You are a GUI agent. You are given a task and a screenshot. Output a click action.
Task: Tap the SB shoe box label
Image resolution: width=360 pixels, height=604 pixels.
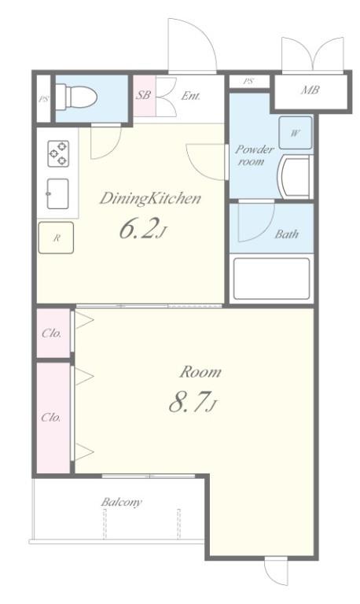[143, 94]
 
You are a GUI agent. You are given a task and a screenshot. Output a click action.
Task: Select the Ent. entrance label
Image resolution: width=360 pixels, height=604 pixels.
[190, 95]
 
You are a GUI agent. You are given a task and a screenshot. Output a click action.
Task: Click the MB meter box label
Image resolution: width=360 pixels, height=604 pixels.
[310, 90]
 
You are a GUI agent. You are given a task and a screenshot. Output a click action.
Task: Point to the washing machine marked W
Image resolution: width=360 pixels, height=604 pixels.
[296, 133]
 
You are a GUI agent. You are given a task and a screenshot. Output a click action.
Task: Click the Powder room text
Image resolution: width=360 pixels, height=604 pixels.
[254, 155]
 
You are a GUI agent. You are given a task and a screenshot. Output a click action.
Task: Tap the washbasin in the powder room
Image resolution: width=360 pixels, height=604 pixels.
[295, 177]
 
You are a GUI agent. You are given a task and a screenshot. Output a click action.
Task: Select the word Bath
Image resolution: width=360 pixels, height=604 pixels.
[286, 234]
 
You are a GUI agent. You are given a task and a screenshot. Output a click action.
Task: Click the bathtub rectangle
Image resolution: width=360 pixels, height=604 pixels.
[271, 278]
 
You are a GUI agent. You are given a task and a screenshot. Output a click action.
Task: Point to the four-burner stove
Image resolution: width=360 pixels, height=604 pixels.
[58, 153]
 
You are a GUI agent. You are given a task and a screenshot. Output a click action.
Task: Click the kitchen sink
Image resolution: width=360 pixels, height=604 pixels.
[57, 193]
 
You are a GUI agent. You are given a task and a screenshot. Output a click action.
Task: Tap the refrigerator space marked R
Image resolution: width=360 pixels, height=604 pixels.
[57, 238]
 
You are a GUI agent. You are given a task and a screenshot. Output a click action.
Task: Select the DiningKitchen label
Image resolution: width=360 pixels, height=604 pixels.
[150, 198]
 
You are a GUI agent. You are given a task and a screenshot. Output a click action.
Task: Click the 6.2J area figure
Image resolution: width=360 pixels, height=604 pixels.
[143, 230]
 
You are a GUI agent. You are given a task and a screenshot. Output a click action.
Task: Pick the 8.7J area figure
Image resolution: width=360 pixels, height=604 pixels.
[193, 402]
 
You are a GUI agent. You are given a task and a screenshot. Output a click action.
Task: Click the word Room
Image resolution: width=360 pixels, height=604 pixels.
[200, 372]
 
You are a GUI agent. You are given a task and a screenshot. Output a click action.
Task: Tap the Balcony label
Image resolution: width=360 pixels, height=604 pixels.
[121, 502]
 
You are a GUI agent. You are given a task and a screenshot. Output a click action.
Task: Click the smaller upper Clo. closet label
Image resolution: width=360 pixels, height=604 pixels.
[52, 333]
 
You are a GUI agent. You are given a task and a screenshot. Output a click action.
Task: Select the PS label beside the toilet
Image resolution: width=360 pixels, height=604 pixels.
[43, 99]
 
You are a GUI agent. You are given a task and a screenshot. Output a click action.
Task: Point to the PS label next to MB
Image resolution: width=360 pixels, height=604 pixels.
[248, 81]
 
